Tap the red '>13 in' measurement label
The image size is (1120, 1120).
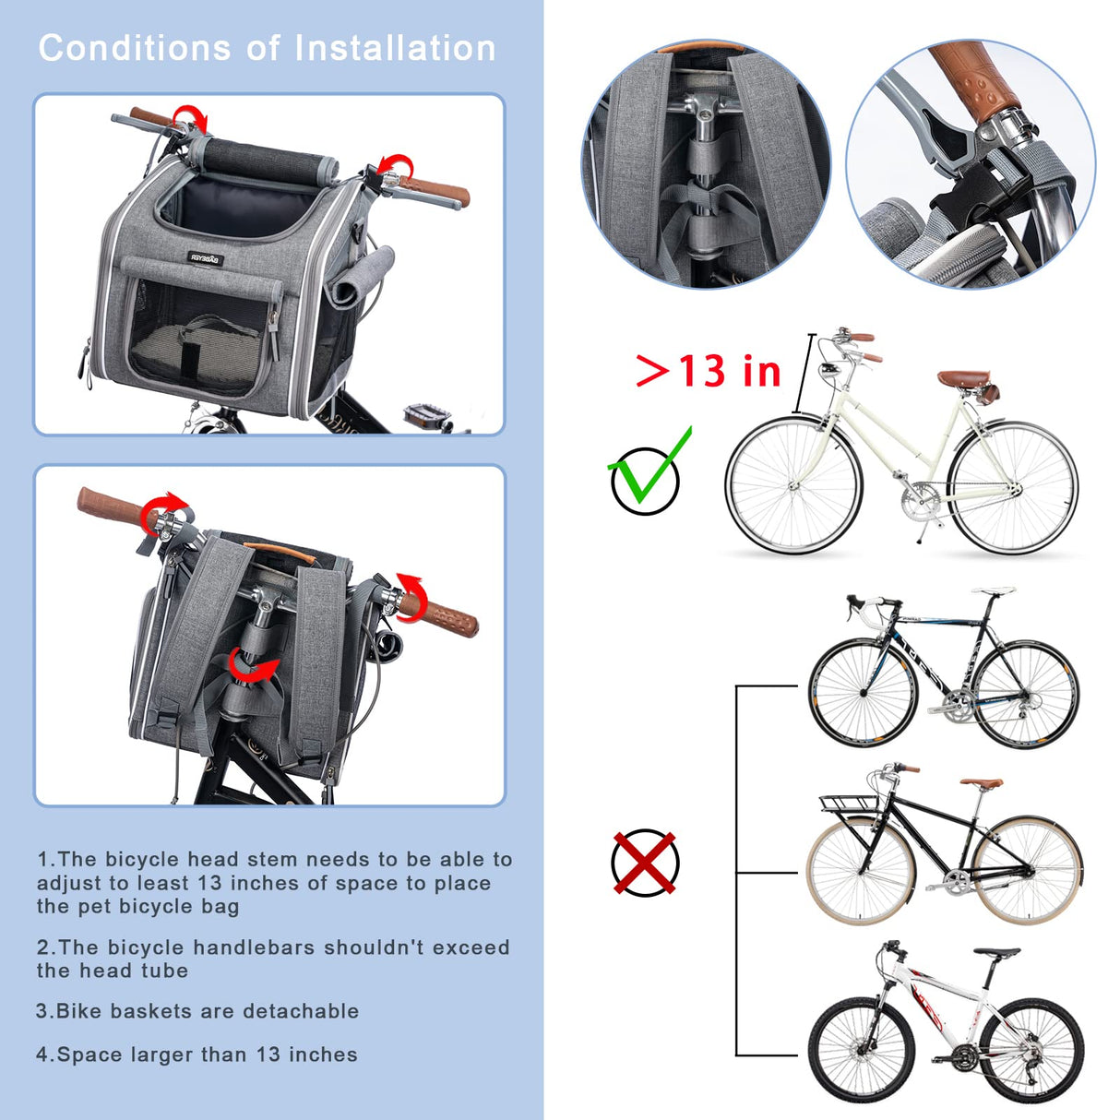click(x=709, y=371)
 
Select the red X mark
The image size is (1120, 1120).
click(x=645, y=863)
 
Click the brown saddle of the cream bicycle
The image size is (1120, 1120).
click(x=964, y=378)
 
